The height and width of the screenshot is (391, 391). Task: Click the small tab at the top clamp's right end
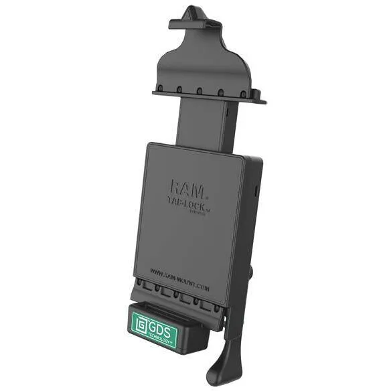tap(260, 101)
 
